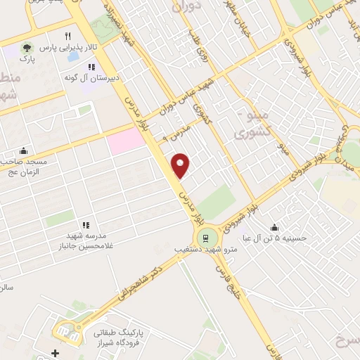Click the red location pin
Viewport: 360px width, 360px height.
tap(181, 165)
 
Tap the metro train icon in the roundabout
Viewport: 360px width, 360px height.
tap(205, 236)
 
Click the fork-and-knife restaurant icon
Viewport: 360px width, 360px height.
tap(67, 36)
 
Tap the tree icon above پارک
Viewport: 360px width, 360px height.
tap(27, 48)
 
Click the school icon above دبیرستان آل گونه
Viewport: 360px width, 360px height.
tap(91, 67)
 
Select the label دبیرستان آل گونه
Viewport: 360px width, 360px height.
tap(91, 77)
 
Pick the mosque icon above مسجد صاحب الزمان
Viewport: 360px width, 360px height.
tap(23, 150)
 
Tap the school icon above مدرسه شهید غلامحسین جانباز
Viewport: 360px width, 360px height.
tap(85, 225)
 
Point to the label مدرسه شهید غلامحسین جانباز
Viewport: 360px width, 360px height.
tap(85, 241)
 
